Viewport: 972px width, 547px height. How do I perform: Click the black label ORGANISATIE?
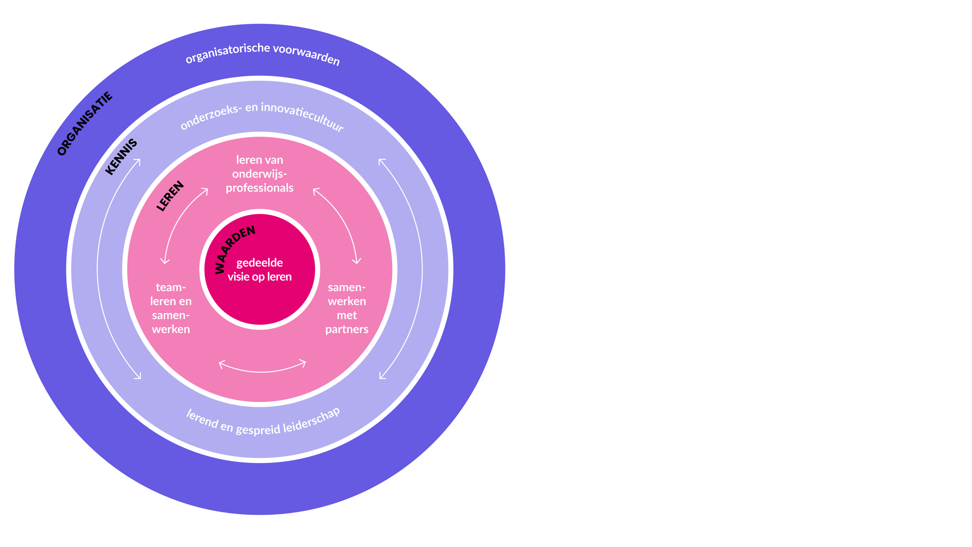point(85,124)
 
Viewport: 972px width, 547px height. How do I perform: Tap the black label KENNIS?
point(121,157)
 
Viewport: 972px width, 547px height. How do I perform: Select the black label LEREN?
point(170,196)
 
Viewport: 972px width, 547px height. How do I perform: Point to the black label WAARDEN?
point(234,248)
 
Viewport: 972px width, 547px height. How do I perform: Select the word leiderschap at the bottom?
point(312,419)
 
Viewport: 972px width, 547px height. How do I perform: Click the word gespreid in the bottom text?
point(258,429)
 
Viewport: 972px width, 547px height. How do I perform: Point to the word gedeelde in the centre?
point(260,263)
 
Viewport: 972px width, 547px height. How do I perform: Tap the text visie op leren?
point(260,277)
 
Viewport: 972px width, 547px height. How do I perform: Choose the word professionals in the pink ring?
point(260,188)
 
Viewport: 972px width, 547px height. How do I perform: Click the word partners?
point(347,329)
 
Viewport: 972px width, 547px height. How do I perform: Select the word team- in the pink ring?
point(171,287)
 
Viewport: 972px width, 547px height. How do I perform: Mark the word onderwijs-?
point(260,174)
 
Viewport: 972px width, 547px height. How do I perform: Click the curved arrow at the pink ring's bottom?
point(262,369)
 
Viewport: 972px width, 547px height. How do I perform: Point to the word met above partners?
point(347,315)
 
